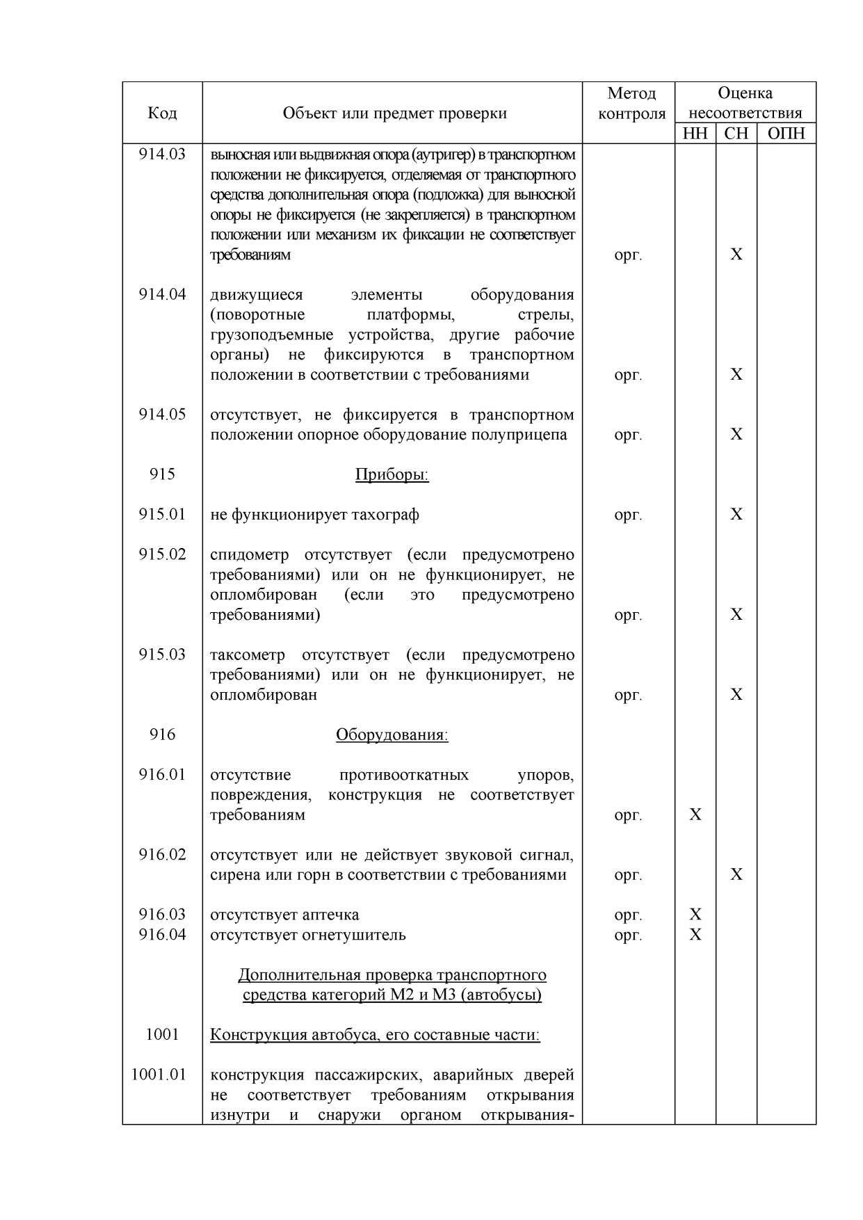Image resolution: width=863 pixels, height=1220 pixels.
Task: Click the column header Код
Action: pyautogui.click(x=162, y=113)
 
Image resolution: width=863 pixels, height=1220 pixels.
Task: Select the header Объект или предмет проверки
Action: pyautogui.click(x=394, y=113)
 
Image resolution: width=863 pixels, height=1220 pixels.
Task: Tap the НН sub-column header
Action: pyautogui.click(x=695, y=134)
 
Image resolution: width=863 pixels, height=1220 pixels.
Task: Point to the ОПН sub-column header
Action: pyautogui.click(x=786, y=134)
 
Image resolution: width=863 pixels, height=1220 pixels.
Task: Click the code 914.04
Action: pyautogui.click(x=162, y=294)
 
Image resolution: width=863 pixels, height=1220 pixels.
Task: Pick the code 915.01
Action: pyautogui.click(x=162, y=515)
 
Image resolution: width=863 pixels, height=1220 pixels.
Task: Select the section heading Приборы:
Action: pyautogui.click(x=392, y=474)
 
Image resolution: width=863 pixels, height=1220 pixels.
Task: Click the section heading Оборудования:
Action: pyautogui.click(x=392, y=735)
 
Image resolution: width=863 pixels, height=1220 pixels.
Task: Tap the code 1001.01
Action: pyautogui.click(x=159, y=1075)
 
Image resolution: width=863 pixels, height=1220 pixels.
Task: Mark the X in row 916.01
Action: pyautogui.click(x=695, y=814)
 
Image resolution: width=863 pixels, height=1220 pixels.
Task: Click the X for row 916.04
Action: pyautogui.click(x=695, y=935)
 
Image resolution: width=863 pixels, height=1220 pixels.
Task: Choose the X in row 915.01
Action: pyautogui.click(x=736, y=515)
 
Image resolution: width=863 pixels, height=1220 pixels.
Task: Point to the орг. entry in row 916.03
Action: pyautogui.click(x=628, y=915)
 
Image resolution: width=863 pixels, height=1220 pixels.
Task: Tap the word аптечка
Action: pyautogui.click(x=330, y=915)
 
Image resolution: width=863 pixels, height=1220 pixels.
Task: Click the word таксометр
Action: pyautogui.click(x=248, y=655)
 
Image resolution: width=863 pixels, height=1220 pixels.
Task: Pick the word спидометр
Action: pyautogui.click(x=249, y=555)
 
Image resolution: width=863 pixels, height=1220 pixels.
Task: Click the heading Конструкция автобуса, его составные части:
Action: pyautogui.click(x=375, y=1035)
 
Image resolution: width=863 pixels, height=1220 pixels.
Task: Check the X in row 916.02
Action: pyautogui.click(x=736, y=874)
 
